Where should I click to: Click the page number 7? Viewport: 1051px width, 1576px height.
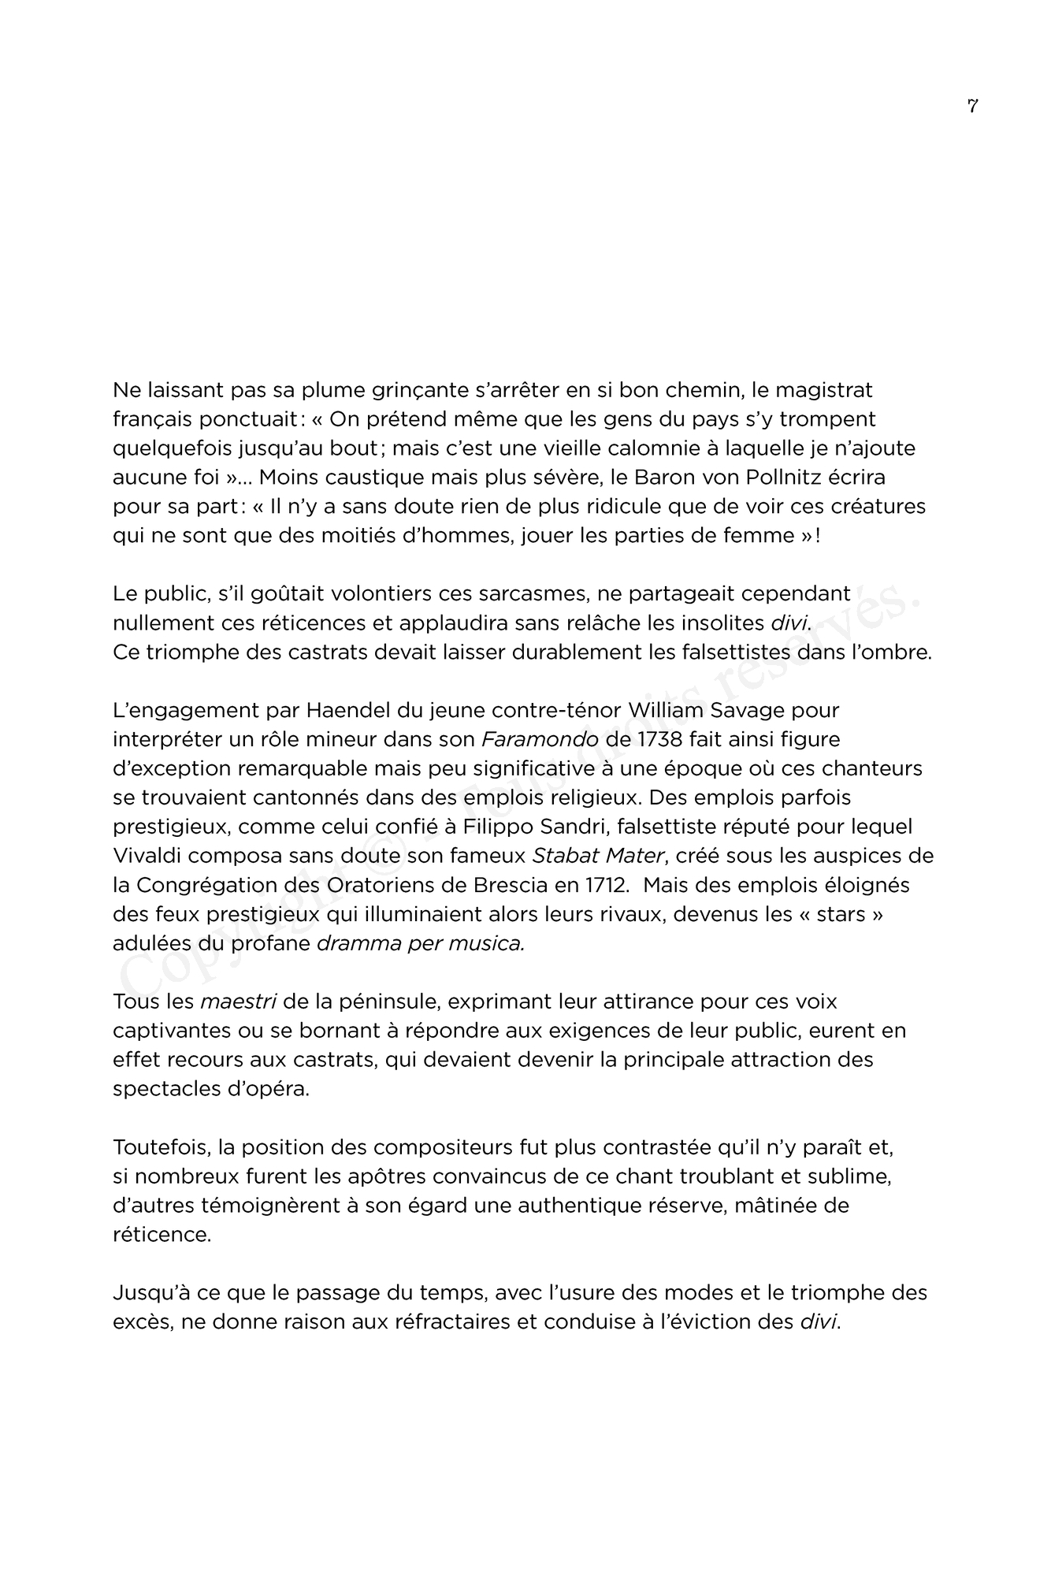point(972,106)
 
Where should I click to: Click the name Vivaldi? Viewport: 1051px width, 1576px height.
point(146,856)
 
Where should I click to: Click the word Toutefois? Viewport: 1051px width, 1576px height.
point(159,1147)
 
